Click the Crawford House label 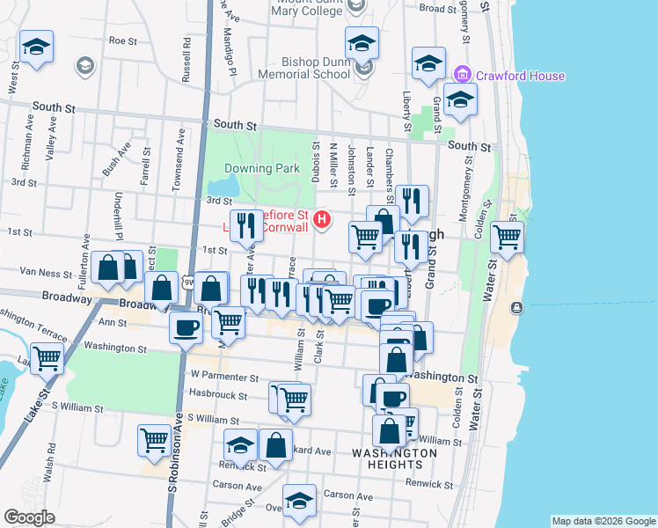[521, 76]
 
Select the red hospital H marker [323, 219]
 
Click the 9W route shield [188, 283]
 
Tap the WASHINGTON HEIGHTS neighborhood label [393, 458]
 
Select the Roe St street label [122, 40]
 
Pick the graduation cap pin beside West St [36, 47]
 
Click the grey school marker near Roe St [84, 64]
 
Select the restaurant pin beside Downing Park [246, 224]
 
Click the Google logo [29, 517]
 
